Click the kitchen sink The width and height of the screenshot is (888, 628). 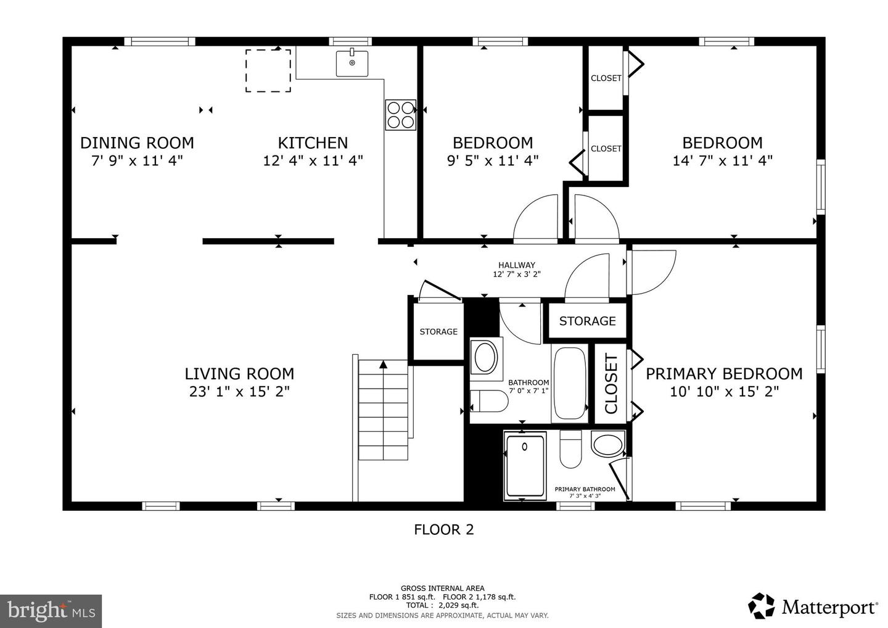(x=352, y=63)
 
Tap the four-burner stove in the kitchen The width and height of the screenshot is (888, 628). (x=400, y=115)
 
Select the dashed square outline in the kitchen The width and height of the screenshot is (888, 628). (x=268, y=70)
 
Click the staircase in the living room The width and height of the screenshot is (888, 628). (x=383, y=410)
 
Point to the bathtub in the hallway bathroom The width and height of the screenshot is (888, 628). (x=570, y=384)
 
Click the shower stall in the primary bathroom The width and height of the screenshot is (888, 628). (x=525, y=466)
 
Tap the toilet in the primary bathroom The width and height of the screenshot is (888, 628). (x=570, y=449)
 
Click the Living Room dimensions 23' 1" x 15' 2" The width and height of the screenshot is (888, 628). (x=239, y=392)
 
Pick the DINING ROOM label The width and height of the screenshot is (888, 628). (x=137, y=143)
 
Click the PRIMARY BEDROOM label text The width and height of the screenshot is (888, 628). (x=724, y=374)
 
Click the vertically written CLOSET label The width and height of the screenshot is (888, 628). (x=611, y=384)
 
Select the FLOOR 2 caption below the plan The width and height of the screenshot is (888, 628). (x=444, y=530)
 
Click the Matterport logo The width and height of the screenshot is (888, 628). (x=813, y=606)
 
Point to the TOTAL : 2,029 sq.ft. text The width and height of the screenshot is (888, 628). (x=442, y=605)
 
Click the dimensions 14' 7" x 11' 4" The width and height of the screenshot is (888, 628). (x=723, y=161)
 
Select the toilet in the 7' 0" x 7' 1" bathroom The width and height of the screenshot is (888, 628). (x=489, y=401)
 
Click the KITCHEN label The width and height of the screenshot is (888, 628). (x=313, y=143)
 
